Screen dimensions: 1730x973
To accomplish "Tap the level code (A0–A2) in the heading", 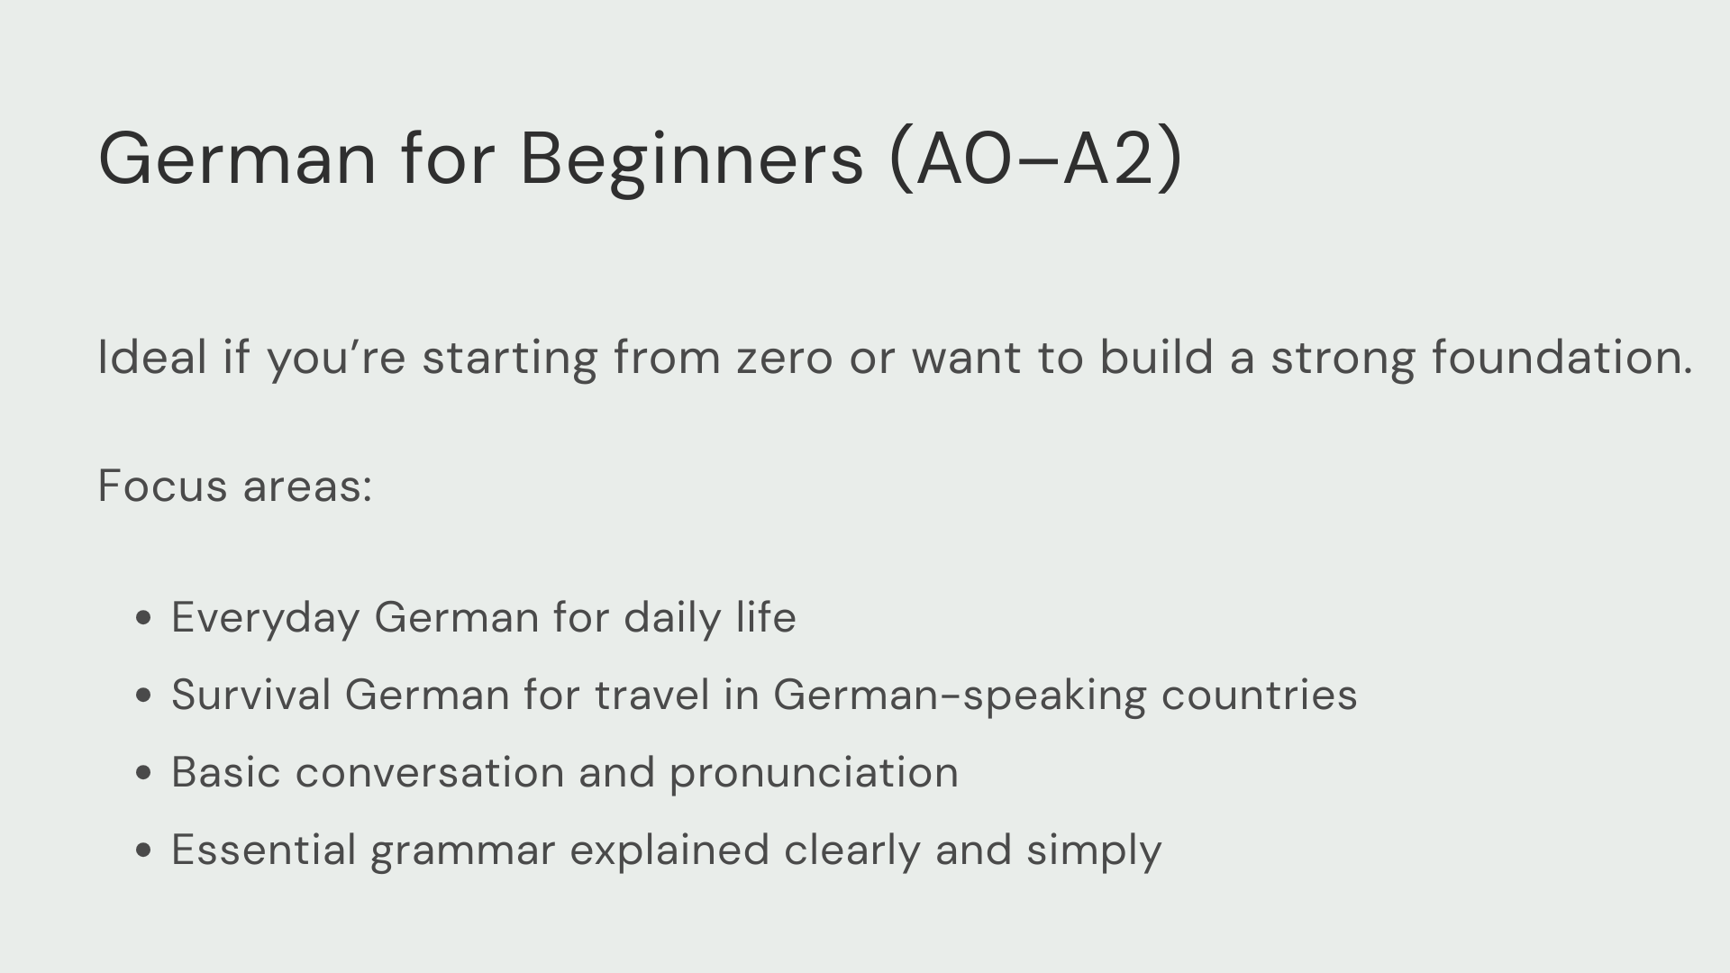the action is pos(1035,159).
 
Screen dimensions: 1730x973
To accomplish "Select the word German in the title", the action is pos(237,159).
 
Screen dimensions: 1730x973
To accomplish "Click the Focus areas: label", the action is pos(235,486).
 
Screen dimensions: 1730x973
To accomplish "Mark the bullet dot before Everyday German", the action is pos(143,618).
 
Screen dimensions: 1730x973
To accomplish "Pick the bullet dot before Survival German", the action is pos(143,696).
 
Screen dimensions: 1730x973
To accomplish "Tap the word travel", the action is pos(652,696).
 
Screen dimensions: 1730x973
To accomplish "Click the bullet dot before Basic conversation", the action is pos(143,773).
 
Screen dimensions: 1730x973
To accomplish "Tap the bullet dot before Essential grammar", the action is pos(143,850).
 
